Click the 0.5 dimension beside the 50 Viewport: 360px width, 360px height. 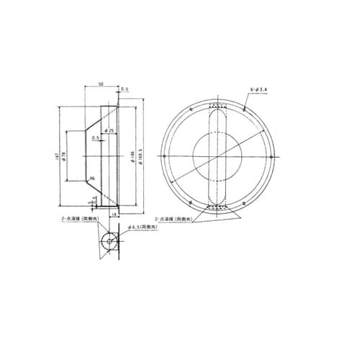pos(125,89)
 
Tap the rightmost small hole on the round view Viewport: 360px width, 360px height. pos(271,157)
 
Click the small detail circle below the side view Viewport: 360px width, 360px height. pos(108,241)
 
